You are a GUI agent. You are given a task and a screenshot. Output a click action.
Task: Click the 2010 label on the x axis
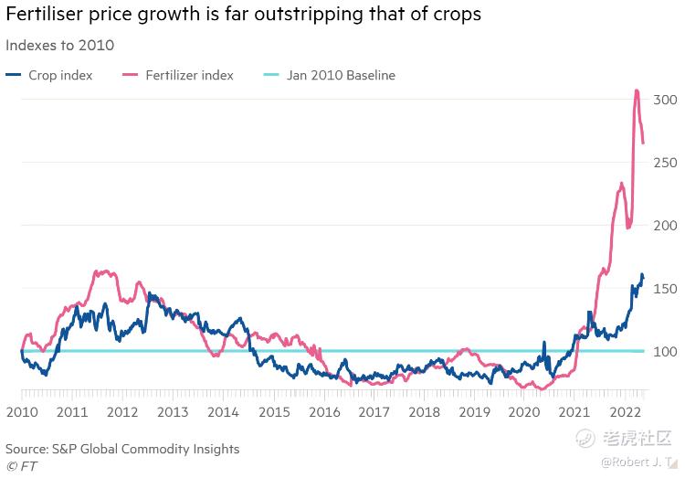click(22, 413)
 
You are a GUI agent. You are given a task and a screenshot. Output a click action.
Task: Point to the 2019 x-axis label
click(473, 413)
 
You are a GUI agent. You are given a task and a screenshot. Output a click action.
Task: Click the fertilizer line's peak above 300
click(637, 90)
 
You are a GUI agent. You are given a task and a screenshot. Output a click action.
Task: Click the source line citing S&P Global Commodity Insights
click(122, 449)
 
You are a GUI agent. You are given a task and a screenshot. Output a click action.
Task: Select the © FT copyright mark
click(22, 466)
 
